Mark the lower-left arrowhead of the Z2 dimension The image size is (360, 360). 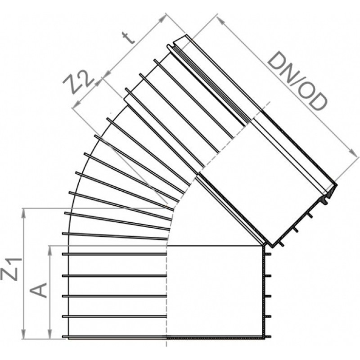(72, 107)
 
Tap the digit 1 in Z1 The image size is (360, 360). (15, 262)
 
